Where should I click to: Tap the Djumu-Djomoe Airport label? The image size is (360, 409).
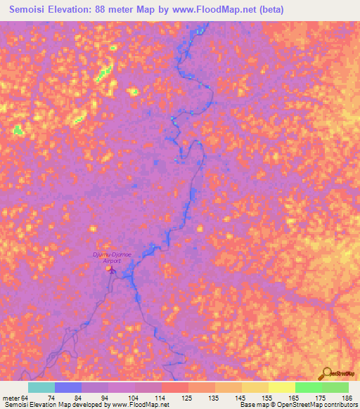click(108, 257)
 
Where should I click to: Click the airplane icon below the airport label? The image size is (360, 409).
click(110, 268)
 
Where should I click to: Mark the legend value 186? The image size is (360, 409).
click(348, 398)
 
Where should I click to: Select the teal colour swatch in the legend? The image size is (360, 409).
click(41, 387)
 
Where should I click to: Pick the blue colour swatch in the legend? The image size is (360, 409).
click(68, 387)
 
